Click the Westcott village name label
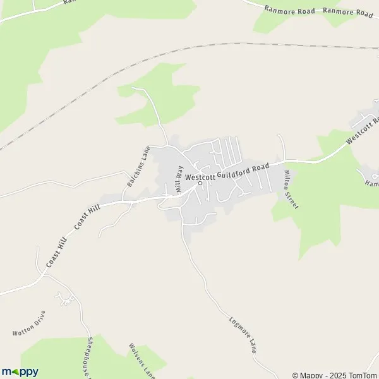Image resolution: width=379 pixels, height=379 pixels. [x=200, y=177]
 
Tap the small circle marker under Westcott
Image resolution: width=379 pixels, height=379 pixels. [x=200, y=184]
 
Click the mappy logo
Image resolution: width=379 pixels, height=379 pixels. [x=20, y=371]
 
